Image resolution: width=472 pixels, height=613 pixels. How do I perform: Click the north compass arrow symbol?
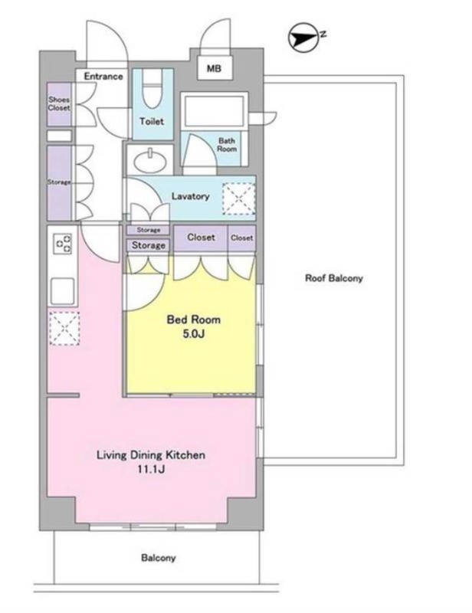[304, 38]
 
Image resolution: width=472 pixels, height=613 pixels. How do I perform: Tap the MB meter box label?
[214, 68]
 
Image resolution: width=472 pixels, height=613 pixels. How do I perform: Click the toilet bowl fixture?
[152, 90]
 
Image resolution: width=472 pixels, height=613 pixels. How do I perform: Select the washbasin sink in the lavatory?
[150, 161]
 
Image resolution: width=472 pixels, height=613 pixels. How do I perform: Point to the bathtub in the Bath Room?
[215, 110]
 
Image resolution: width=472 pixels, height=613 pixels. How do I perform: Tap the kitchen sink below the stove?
[62, 291]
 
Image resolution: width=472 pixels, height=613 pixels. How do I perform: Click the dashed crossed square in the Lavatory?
[239, 198]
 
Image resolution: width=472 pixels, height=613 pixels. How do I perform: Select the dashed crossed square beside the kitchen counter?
[64, 328]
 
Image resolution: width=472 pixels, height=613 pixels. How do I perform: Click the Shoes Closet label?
[59, 103]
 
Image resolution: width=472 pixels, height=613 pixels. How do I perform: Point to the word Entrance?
[103, 76]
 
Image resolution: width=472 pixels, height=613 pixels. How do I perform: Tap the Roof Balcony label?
[334, 278]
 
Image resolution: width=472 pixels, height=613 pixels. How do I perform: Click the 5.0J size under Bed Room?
[194, 333]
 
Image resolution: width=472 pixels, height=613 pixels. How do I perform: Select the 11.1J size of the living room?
[150, 469]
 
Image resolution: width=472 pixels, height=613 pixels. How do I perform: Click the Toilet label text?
[152, 122]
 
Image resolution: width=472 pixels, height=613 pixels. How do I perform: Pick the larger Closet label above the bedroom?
[201, 238]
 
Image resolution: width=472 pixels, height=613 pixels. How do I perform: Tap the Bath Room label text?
[227, 145]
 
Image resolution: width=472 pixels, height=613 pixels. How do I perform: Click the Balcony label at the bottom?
[159, 558]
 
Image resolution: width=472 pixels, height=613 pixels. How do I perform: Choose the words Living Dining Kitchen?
[151, 455]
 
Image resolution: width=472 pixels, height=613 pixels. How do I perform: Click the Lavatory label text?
[191, 196]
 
